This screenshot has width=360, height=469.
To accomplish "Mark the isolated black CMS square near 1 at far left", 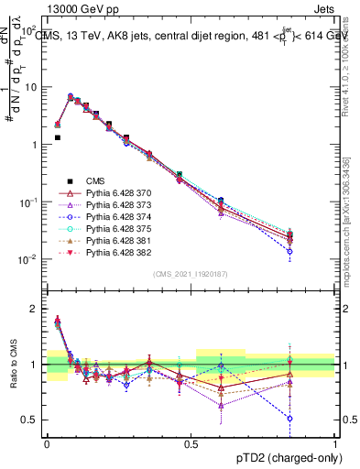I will click(x=58, y=137).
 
